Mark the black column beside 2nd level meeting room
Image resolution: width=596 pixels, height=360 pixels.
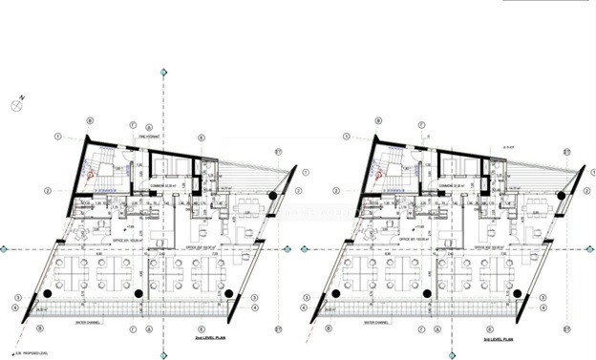(274, 196)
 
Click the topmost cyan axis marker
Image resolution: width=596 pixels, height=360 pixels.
(163, 73)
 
